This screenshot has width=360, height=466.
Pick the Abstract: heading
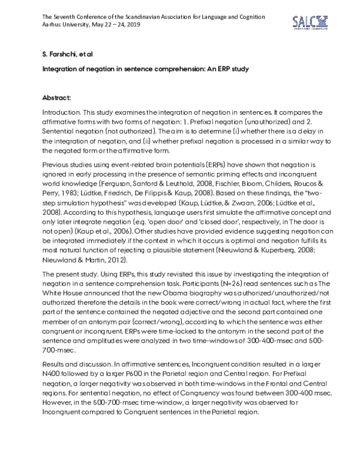click(58, 97)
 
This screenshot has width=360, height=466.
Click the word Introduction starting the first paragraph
click(62, 112)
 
